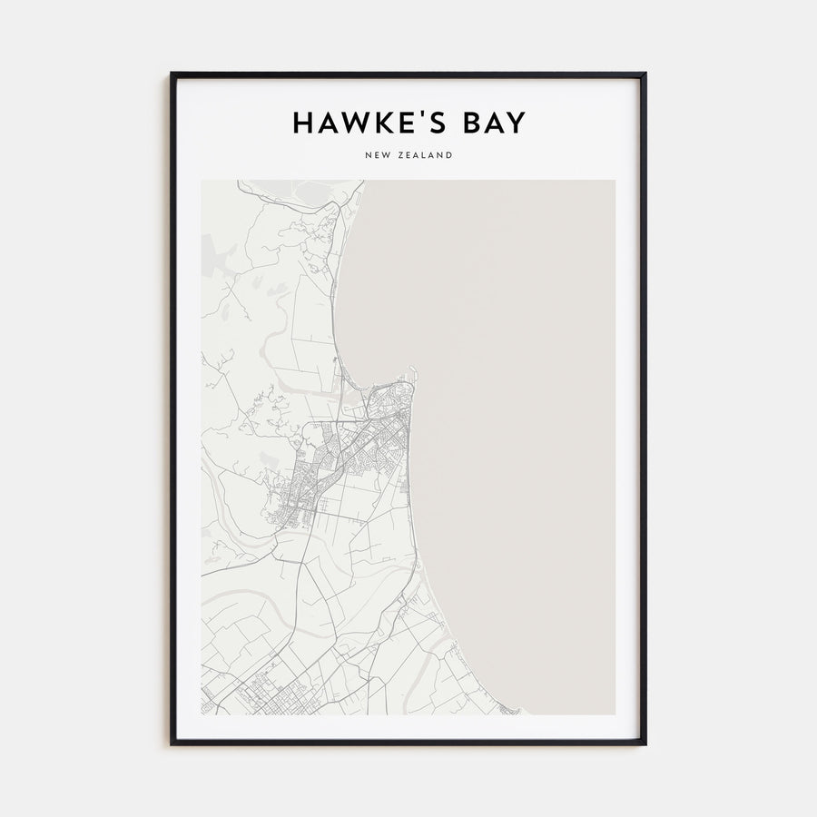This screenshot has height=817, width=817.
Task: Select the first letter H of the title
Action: click(302, 123)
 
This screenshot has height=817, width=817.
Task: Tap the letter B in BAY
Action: click(468, 123)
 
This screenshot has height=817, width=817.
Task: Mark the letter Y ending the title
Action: click(517, 123)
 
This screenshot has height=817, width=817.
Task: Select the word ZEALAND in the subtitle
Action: click(424, 156)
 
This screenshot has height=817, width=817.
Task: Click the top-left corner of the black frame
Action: click(172, 74)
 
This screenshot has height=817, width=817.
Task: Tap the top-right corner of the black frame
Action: click(645, 74)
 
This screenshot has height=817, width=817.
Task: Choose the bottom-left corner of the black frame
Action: click(172, 744)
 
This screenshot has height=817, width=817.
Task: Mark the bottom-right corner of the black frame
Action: click(645, 744)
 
